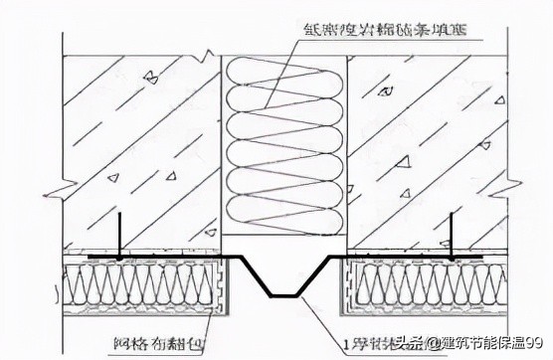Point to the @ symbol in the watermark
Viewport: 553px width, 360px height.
point(435,344)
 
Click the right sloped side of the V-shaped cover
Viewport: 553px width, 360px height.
point(312,277)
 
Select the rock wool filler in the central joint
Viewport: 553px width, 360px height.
point(283,149)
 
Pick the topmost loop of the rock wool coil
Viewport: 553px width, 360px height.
point(283,72)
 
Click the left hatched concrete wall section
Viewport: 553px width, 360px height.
point(139,149)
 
